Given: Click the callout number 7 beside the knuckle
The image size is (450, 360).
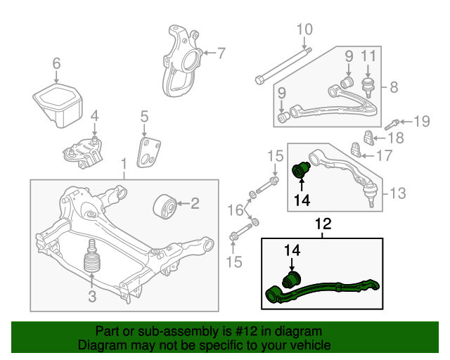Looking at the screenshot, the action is click(221, 53).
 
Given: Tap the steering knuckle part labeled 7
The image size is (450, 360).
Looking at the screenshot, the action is click(181, 61).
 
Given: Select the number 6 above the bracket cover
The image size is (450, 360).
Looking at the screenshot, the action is click(56, 63).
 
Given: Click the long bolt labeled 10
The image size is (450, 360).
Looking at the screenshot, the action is click(283, 67).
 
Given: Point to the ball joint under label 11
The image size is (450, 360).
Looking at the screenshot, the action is click(368, 86).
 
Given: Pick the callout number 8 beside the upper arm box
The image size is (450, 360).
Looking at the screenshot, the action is click(394, 87).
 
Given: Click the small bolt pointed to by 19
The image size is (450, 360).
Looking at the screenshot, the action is click(391, 125).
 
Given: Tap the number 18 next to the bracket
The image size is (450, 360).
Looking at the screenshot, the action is click(396, 138).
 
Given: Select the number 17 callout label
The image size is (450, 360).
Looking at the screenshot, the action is click(384, 156).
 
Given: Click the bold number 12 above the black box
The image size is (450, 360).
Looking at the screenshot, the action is click(323, 224).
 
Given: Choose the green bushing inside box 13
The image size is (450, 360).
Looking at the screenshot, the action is click(300, 170).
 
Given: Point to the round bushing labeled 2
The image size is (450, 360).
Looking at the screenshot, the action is click(164, 206).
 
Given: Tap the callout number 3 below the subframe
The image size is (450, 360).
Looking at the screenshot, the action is click(92, 296).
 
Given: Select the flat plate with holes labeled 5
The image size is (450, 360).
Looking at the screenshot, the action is click(148, 153).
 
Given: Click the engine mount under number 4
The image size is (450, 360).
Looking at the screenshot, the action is click(83, 153).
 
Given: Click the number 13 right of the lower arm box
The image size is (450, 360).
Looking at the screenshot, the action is click(398, 193).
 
